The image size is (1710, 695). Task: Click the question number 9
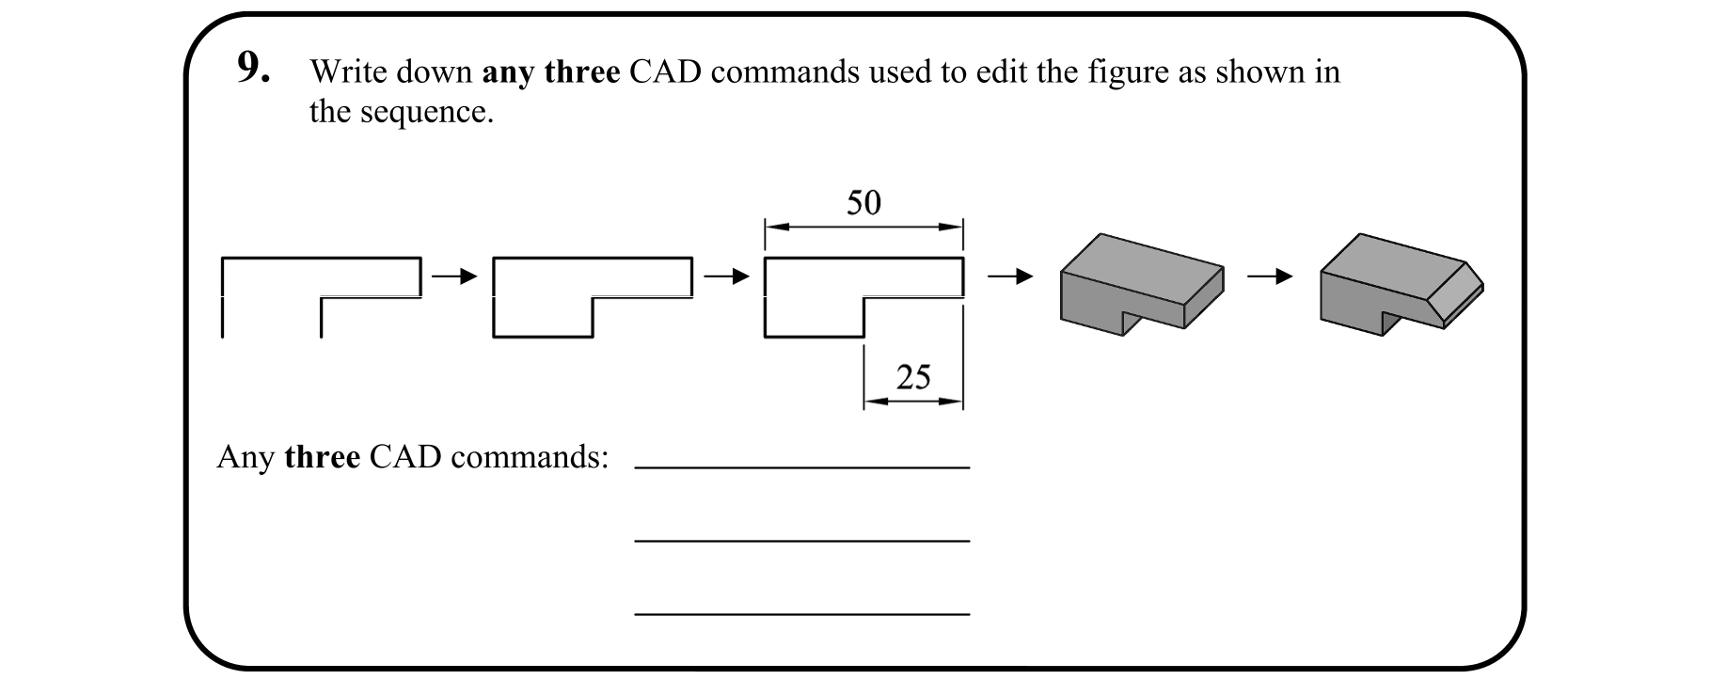pyautogui.click(x=252, y=68)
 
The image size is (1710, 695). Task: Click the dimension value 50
pyautogui.click(x=863, y=202)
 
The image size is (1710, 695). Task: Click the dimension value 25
pyautogui.click(x=912, y=377)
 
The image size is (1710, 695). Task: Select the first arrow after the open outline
pyautogui.click(x=455, y=276)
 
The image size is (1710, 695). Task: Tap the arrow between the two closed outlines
pyautogui.click(x=727, y=276)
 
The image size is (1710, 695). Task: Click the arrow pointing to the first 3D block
pyautogui.click(x=1010, y=276)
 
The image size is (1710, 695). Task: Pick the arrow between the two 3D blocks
pyautogui.click(x=1270, y=276)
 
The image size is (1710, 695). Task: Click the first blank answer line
pyautogui.click(x=801, y=466)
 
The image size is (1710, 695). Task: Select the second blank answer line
pyautogui.click(x=801, y=540)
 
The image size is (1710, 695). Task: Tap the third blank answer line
pyautogui.click(x=801, y=613)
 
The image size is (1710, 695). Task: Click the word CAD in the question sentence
pyautogui.click(x=665, y=72)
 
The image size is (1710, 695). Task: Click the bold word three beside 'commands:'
pyautogui.click(x=322, y=457)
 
